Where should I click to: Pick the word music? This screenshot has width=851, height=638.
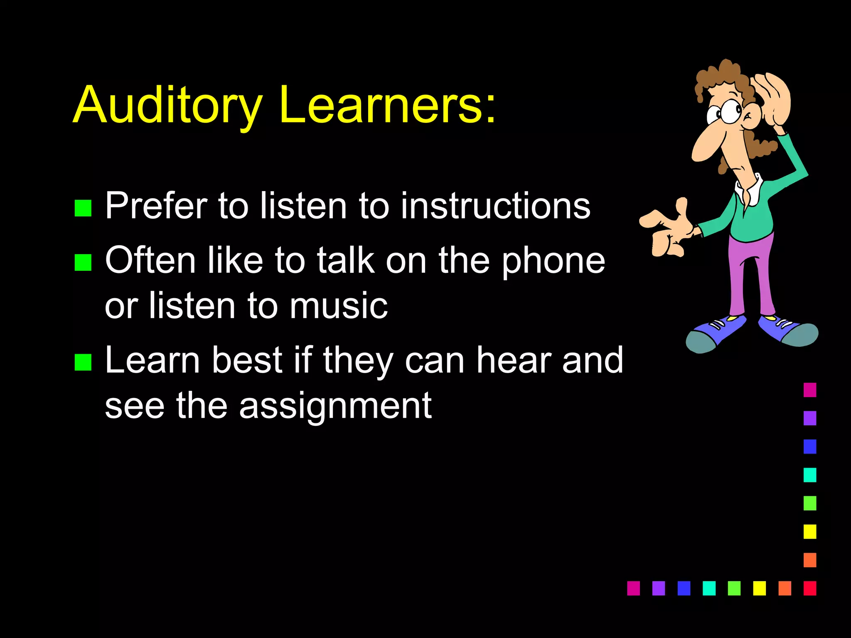(339, 306)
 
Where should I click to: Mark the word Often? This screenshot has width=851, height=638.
(150, 260)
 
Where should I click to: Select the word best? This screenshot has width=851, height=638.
(248, 360)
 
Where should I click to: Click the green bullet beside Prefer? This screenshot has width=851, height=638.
(83, 208)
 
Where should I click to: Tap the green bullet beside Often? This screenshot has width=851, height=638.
(83, 263)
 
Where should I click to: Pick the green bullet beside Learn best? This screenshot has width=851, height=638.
(83, 362)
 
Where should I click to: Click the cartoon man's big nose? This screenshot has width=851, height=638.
(706, 143)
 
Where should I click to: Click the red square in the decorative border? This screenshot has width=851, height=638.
(810, 588)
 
